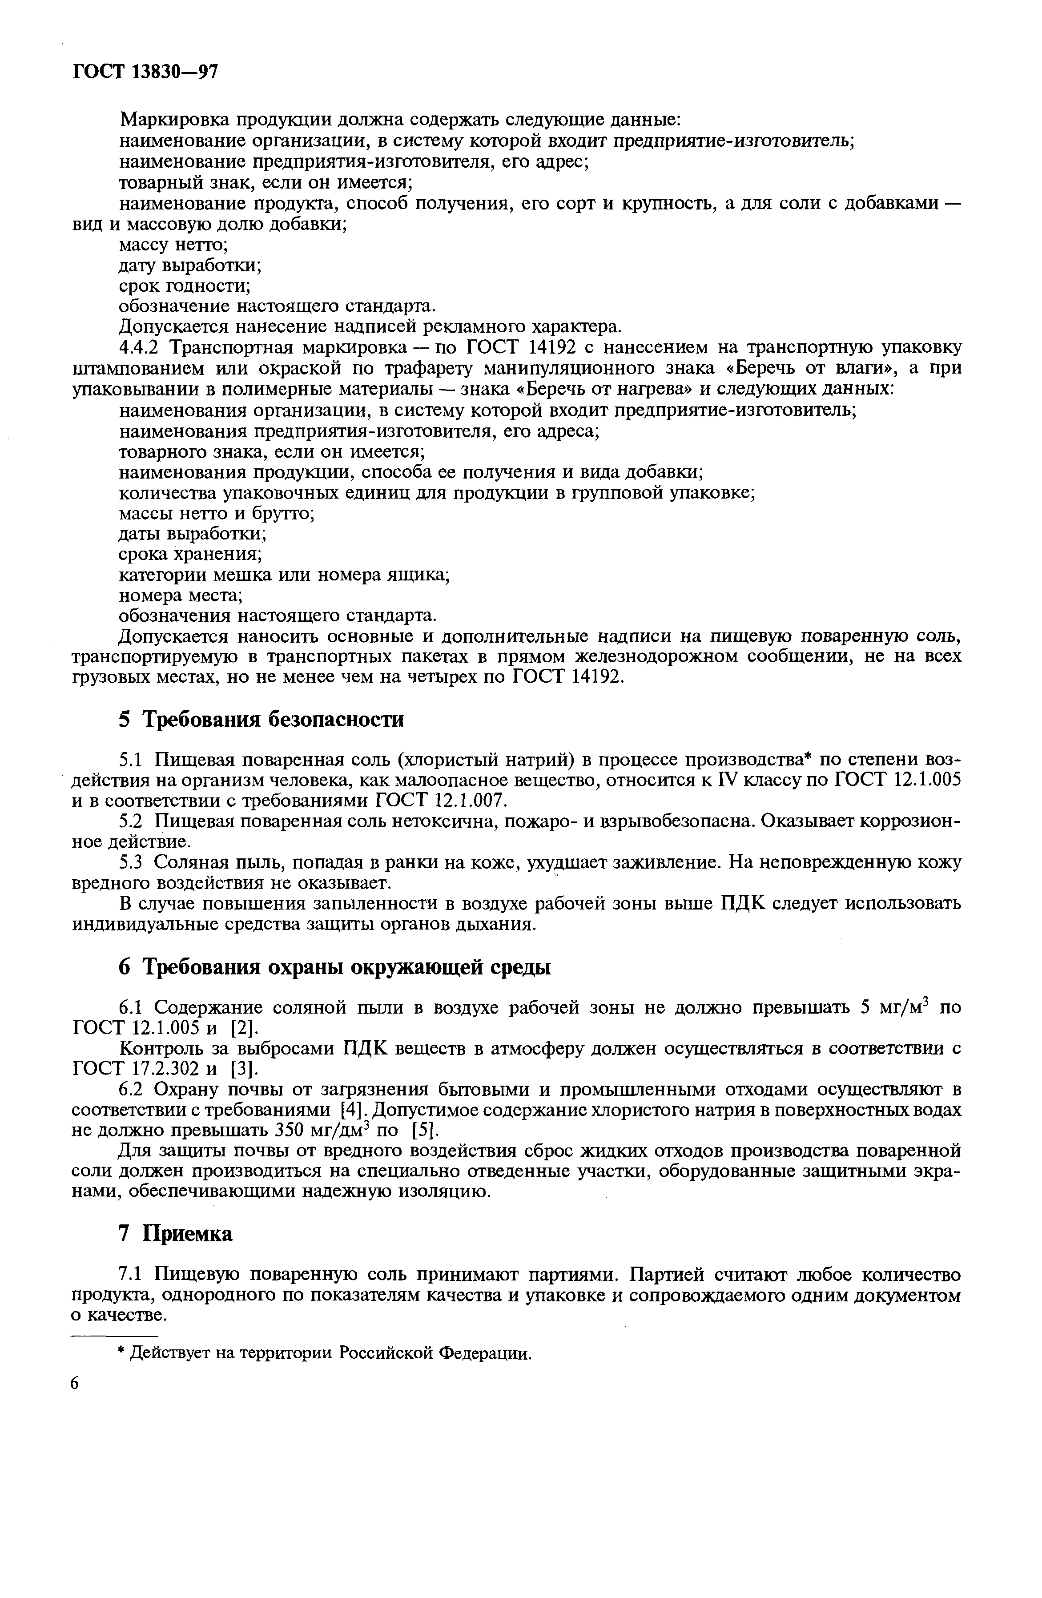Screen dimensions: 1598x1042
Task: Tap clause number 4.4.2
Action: pyautogui.click(x=139, y=348)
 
